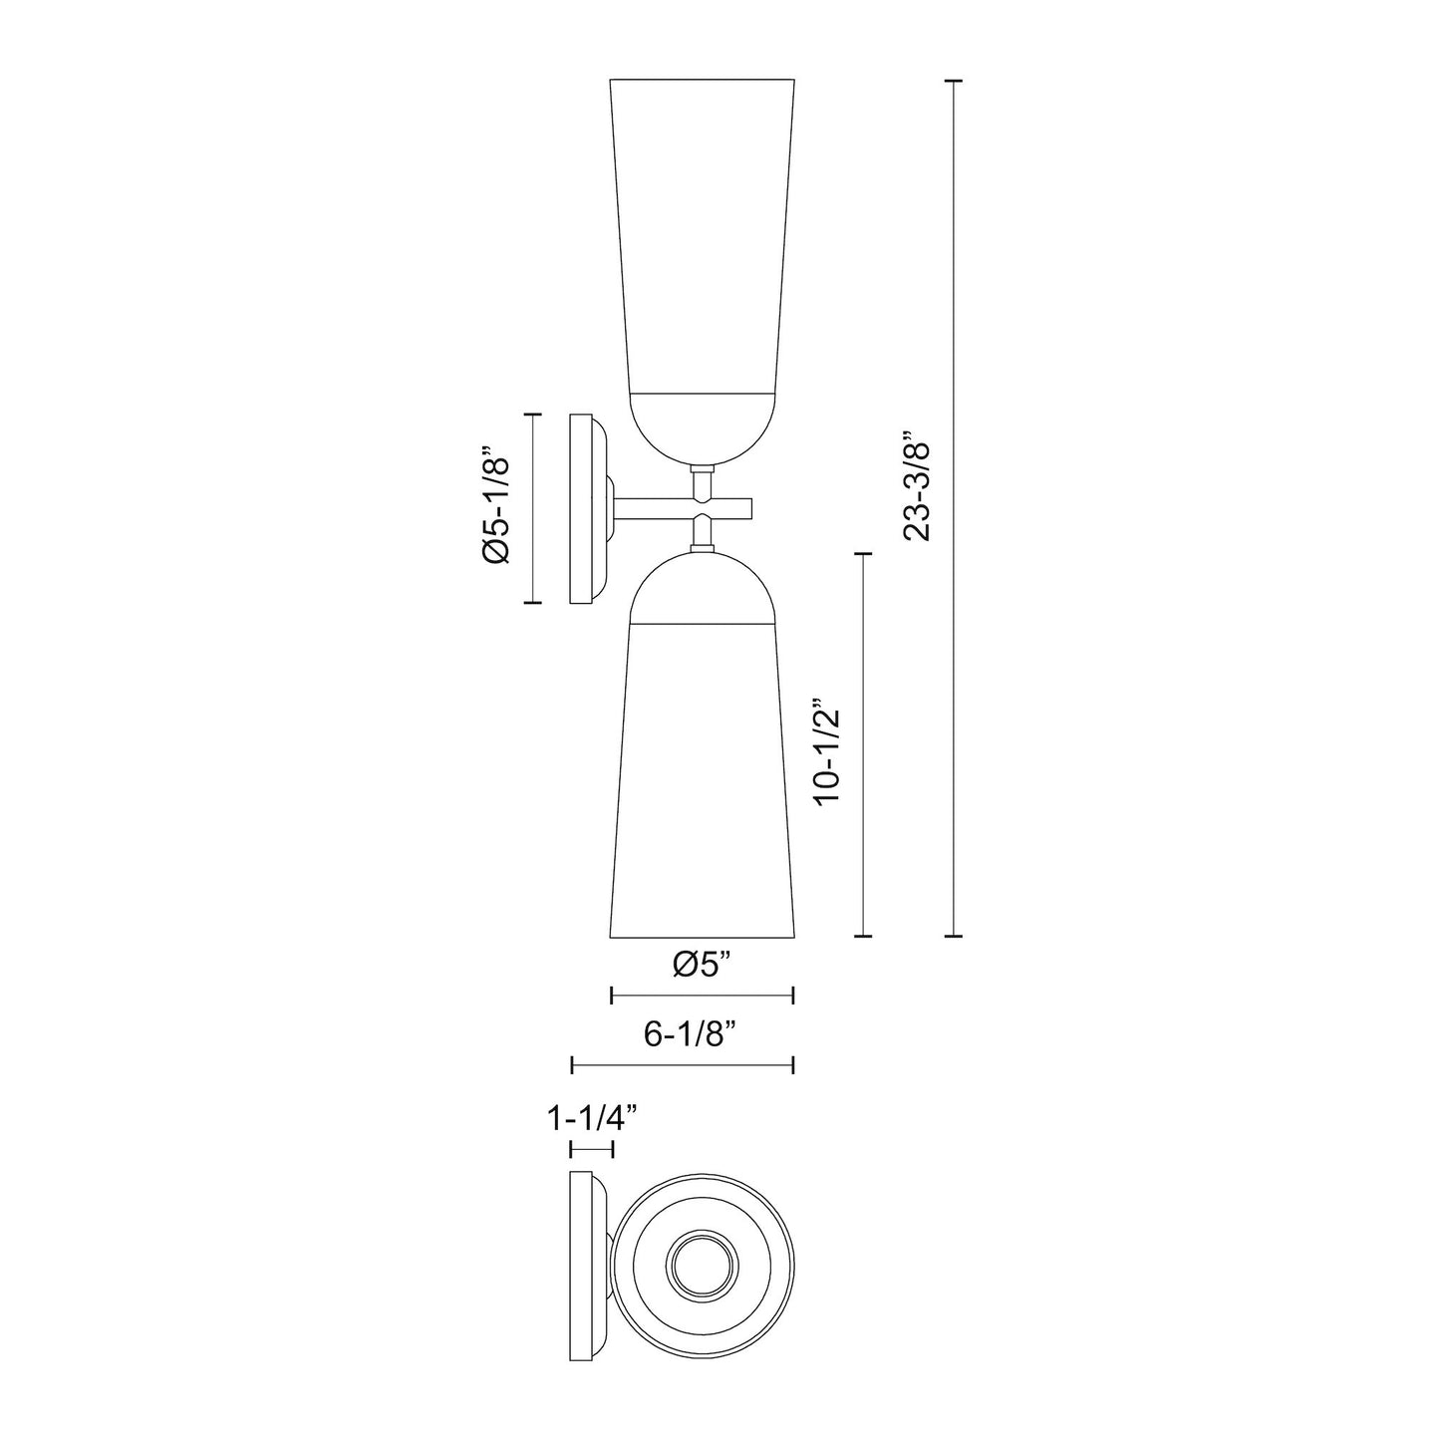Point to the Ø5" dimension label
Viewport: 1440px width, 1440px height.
tap(702, 964)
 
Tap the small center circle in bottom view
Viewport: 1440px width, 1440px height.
tap(702, 1267)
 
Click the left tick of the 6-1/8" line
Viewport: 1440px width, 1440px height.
tap(571, 1065)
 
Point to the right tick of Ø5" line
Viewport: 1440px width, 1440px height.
tap(792, 995)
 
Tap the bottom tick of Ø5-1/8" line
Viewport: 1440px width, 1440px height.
tap(533, 603)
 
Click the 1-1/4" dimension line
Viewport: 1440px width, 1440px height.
tap(592, 1149)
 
